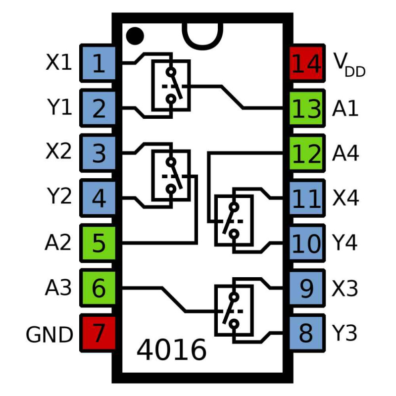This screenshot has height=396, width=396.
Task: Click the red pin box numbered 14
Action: click(306, 64)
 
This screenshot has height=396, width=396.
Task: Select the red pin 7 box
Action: click(99, 333)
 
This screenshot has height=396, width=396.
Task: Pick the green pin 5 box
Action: click(99, 244)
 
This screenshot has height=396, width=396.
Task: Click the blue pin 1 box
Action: click(99, 64)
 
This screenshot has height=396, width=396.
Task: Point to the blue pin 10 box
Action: click(306, 244)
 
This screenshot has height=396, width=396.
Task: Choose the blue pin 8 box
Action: click(306, 333)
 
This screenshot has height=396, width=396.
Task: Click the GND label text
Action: click(49, 335)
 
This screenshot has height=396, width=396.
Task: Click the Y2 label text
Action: click(59, 198)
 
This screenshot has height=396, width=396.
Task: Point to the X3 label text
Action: click(346, 289)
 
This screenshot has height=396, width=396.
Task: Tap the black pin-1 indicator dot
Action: click(134, 35)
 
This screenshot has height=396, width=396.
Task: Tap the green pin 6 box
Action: click(99, 289)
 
